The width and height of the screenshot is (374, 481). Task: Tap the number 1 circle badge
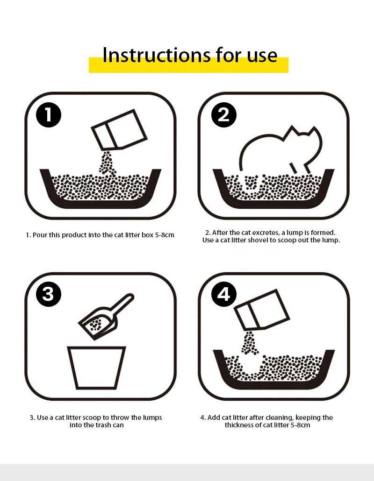(49, 115)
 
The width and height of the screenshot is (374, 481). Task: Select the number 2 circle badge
(224, 115)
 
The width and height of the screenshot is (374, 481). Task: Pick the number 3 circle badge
(49, 294)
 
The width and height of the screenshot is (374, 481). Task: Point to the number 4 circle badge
(224, 294)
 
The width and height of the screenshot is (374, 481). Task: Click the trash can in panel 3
(96, 367)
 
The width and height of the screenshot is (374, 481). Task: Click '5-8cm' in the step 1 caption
(165, 235)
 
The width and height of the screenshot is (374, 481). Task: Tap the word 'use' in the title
(262, 55)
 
